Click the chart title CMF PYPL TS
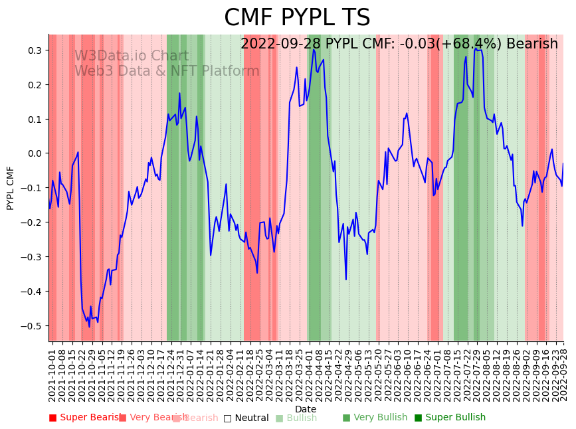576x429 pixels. click(296, 18)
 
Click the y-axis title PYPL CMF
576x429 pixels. click(10, 188)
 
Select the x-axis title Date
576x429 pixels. click(306, 409)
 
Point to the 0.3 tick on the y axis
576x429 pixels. click(34, 50)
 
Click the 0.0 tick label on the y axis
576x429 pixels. click(34, 153)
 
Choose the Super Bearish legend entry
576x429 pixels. click(86, 418)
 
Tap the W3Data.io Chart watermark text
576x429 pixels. click(132, 56)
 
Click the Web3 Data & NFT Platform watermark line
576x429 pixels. click(167, 71)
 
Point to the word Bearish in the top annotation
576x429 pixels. click(531, 44)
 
